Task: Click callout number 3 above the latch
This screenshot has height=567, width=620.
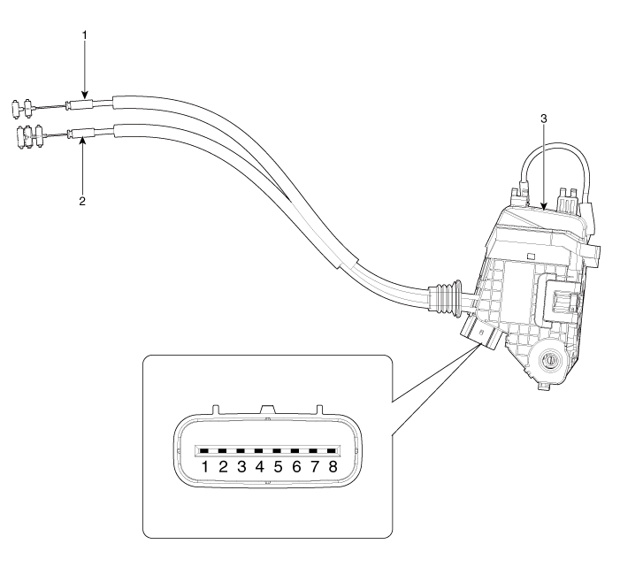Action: click(543, 117)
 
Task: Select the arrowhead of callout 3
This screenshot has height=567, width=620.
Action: click(543, 209)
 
